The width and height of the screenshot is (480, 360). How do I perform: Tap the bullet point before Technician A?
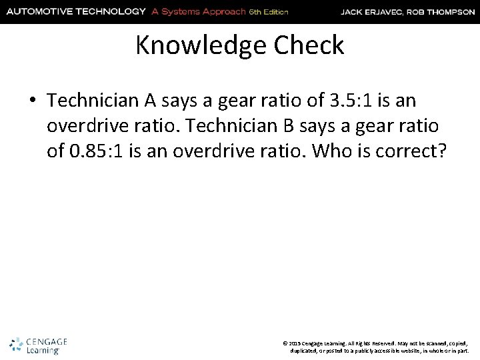coord(33,101)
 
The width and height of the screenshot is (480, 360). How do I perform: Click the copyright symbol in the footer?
coord(285,342)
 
